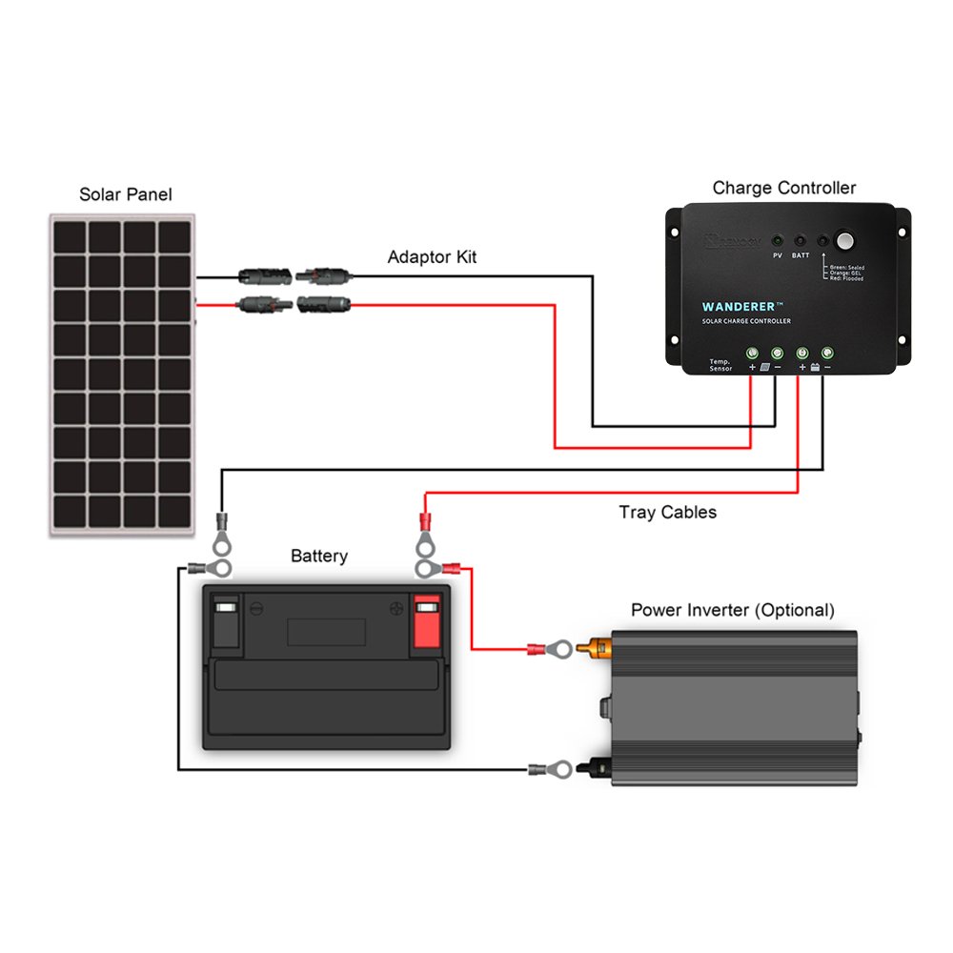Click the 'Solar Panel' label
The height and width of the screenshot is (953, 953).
click(x=126, y=194)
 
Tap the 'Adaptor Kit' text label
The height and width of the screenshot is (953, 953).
click(x=432, y=257)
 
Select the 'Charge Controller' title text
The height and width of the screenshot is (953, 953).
click(x=783, y=188)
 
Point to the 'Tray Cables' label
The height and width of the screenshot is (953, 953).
click(x=667, y=513)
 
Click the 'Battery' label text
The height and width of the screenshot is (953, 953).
click(x=319, y=556)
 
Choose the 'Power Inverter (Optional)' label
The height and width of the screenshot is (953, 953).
click(x=732, y=610)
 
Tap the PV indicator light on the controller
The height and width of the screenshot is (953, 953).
click(x=777, y=242)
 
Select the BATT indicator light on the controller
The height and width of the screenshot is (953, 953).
click(x=800, y=242)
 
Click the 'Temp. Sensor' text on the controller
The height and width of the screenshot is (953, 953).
click(x=720, y=365)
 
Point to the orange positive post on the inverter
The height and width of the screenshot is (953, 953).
click(x=598, y=650)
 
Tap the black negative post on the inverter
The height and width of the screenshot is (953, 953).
click(x=598, y=767)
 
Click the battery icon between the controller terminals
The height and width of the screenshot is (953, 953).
click(x=815, y=367)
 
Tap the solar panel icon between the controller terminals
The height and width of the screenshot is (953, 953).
click(x=765, y=367)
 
